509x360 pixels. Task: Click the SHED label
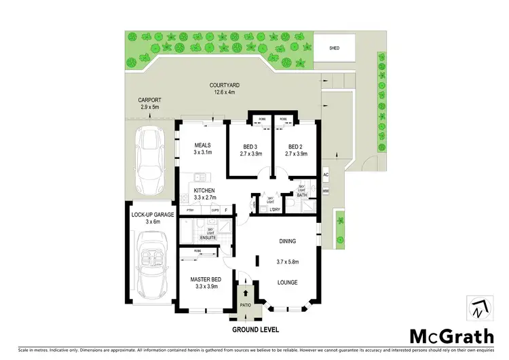pyautogui.click(x=334, y=49)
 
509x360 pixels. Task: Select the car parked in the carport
pyautogui.click(x=149, y=156)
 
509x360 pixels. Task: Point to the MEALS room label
pyautogui.click(x=203, y=145)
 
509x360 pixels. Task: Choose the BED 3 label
pyautogui.click(x=250, y=147)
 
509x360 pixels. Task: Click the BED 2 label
pyautogui.click(x=295, y=147)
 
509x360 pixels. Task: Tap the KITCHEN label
pyautogui.click(x=204, y=190)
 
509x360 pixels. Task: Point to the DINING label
pyautogui.click(x=288, y=240)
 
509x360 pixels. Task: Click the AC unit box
pyautogui.click(x=326, y=175)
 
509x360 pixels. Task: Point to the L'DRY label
pyautogui.click(x=275, y=209)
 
